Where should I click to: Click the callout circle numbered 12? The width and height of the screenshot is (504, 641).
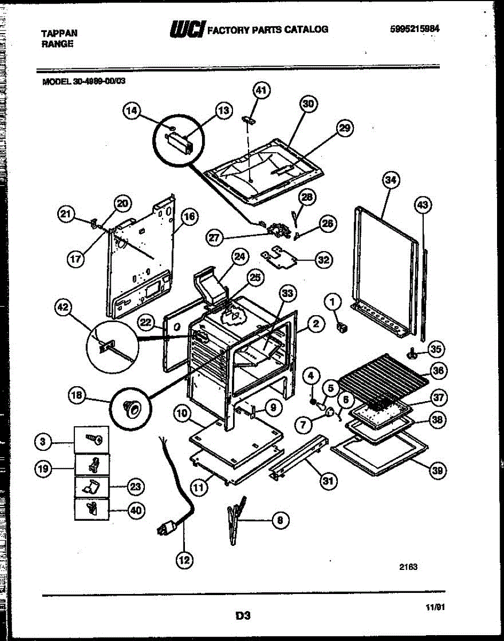pos(184,560)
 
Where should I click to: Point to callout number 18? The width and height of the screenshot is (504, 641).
pos(77,396)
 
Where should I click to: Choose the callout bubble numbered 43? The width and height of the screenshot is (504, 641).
pos(423,205)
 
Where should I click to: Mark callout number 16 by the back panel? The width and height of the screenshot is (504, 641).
pos(189,216)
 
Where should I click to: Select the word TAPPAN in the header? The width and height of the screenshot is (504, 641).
pos(59,33)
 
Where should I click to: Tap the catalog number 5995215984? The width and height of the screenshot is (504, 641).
pos(415,29)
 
